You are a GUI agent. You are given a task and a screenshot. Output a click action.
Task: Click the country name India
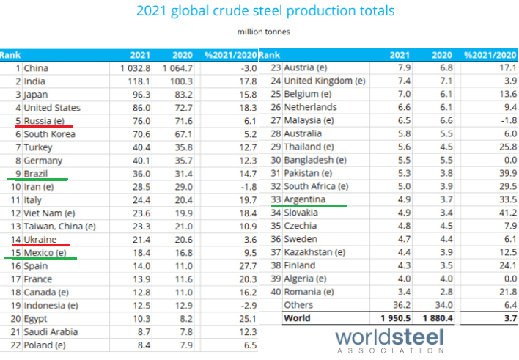[34, 81]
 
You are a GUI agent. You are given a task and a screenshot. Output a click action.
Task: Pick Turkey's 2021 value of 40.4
[141, 147]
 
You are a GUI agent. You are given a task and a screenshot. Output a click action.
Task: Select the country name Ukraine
[40, 240]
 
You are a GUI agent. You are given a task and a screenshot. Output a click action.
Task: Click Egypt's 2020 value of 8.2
[184, 319]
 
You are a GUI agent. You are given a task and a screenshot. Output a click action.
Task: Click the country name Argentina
[308, 199]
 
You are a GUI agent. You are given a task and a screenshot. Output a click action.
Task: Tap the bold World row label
[298, 318]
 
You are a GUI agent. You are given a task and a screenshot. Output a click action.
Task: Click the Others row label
[298, 305]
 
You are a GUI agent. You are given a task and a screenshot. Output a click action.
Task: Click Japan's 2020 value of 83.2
[182, 95]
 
